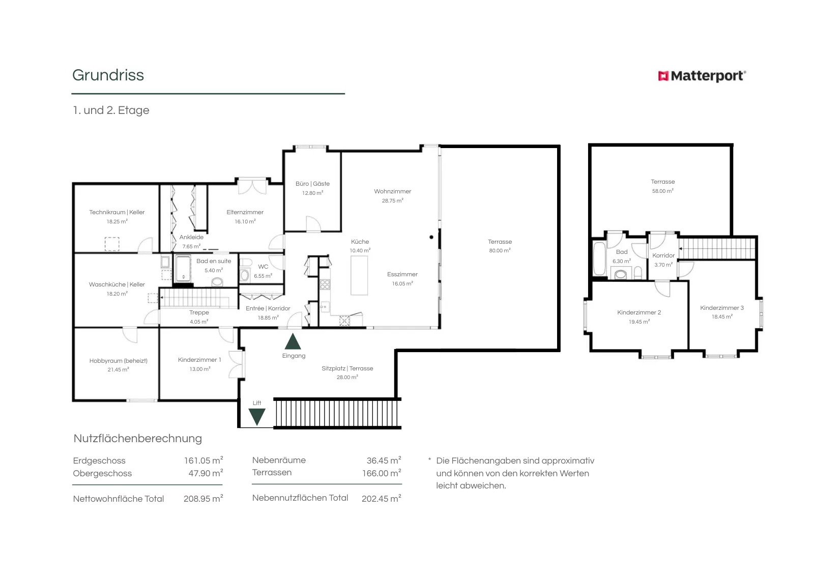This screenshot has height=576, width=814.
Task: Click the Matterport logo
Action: pos(702,76)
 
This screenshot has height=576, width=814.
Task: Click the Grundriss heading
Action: pos(108,75)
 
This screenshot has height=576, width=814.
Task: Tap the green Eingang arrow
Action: pos(293,341)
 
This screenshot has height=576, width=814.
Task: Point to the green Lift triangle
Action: pos(257,417)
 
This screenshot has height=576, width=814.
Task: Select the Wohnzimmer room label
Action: pos(392,191)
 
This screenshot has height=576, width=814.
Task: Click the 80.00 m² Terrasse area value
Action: pos(500,250)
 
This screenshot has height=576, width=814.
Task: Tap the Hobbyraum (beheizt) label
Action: pos(119,360)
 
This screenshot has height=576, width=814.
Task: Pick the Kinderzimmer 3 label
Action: pos(722,308)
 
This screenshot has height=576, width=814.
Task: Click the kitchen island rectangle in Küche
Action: pos(359,275)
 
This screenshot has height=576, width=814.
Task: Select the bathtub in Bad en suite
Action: pos(183,268)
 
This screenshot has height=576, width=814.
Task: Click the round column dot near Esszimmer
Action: pos(431,237)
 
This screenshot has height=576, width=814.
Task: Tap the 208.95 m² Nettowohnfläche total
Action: pos(203,498)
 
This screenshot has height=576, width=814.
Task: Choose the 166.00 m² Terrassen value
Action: pos(382,473)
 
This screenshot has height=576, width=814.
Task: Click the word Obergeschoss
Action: pos(102,473)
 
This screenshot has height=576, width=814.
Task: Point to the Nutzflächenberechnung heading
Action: pos(138,438)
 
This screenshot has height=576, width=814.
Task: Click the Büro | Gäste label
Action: pos(312,184)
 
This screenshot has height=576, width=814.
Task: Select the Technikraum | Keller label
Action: pos(117,212)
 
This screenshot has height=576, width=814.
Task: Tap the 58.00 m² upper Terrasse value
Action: pos(663,191)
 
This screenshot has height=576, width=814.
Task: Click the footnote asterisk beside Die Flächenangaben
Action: pos(429,459)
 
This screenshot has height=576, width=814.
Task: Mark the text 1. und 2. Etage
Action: pos(111,110)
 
